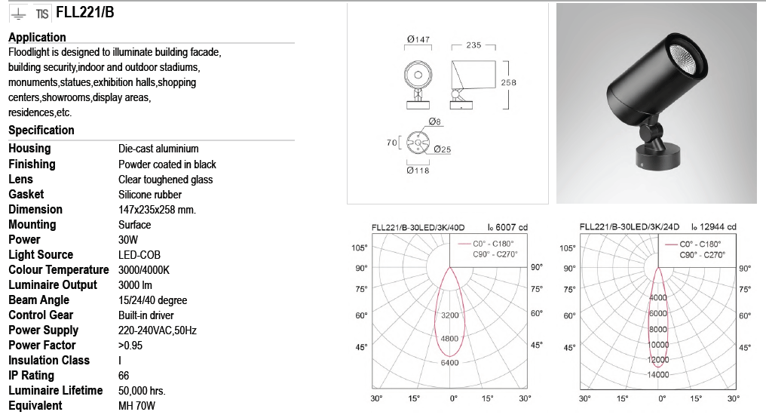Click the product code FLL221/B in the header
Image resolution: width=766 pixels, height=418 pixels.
point(85,12)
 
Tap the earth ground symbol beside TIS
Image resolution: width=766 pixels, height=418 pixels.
point(18,14)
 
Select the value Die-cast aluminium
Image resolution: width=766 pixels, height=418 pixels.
point(158,149)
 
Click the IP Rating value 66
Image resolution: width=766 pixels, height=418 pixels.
point(124,376)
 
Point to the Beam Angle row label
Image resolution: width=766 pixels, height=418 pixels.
point(38,300)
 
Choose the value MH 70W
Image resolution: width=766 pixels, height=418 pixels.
point(136,406)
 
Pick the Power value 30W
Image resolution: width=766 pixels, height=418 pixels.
point(128,239)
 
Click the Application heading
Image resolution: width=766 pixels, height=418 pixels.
point(37,37)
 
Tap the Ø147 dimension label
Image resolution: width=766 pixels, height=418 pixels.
point(418,39)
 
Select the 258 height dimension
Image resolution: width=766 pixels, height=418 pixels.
point(509,83)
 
